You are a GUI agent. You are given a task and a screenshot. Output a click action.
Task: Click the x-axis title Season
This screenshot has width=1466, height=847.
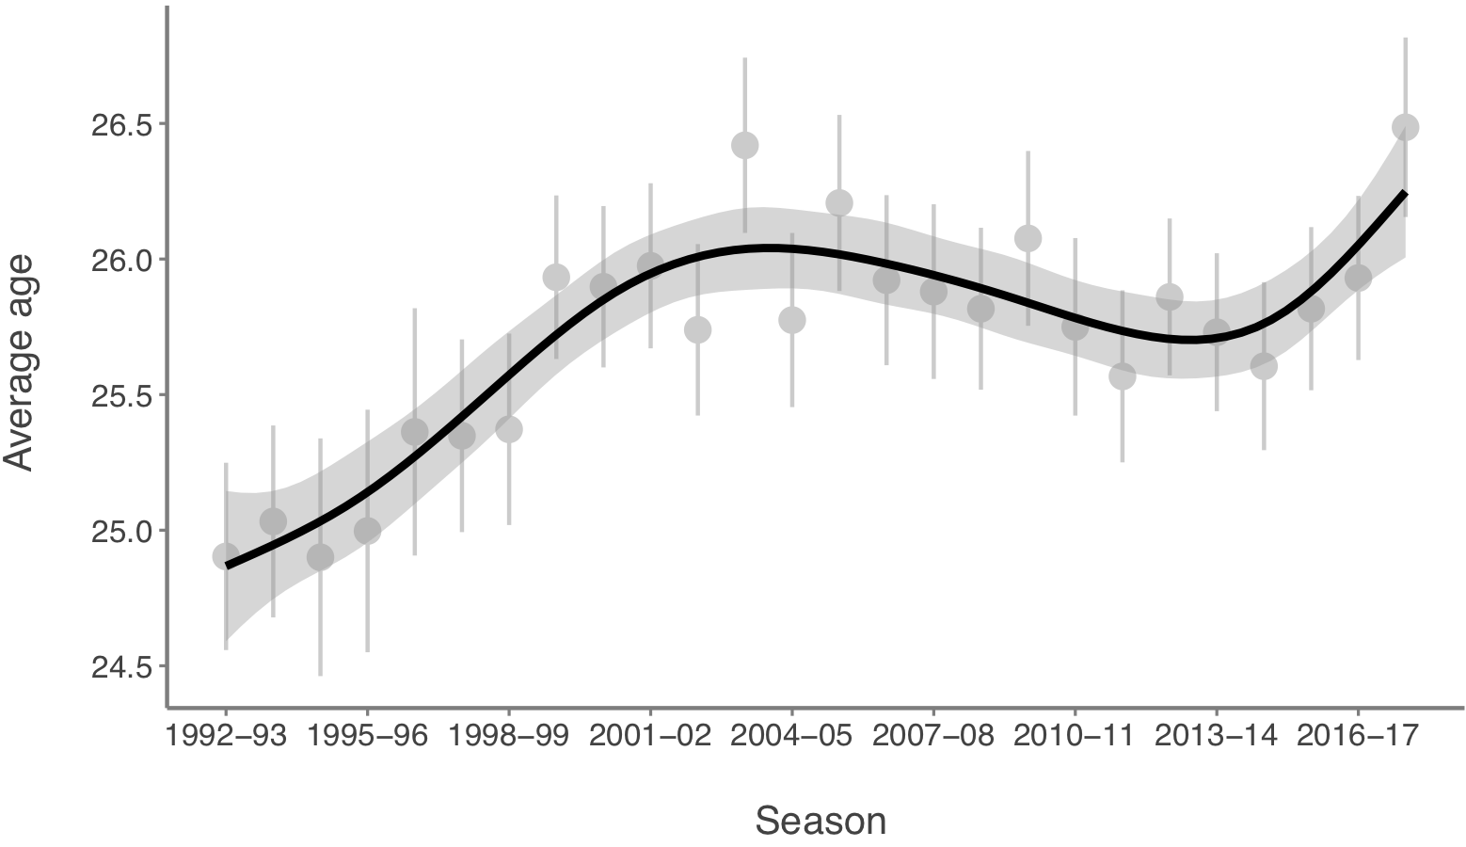pos(821,821)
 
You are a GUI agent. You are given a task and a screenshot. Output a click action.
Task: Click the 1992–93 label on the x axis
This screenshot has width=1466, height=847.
pos(226,735)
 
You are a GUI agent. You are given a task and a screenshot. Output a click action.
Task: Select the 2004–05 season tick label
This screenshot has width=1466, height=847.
pos(791,735)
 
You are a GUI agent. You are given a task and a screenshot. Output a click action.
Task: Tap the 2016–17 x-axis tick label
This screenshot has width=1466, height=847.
pos(1357,735)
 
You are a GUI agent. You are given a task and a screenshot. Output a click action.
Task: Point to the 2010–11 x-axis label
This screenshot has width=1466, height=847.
pos(1075,735)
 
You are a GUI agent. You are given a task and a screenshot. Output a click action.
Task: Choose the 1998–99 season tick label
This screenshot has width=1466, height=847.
pos(508,735)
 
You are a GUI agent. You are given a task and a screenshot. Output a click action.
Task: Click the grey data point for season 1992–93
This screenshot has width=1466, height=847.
pos(226,556)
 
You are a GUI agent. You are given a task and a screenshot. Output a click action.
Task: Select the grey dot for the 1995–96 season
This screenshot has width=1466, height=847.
pos(367,531)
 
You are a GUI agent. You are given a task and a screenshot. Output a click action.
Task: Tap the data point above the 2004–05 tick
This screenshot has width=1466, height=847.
pos(791,320)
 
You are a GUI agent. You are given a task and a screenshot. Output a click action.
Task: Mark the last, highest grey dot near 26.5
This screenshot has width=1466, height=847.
pos(1405,127)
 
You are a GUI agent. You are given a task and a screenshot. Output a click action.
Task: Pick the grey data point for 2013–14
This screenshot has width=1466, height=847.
pos(1216,331)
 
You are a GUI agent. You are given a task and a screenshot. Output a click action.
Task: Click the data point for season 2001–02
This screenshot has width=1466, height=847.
pos(650,264)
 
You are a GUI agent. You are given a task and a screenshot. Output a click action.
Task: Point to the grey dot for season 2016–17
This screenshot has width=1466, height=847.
pos(1357,278)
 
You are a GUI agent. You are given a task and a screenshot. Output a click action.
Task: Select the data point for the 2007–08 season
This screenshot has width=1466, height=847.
pos(933,292)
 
